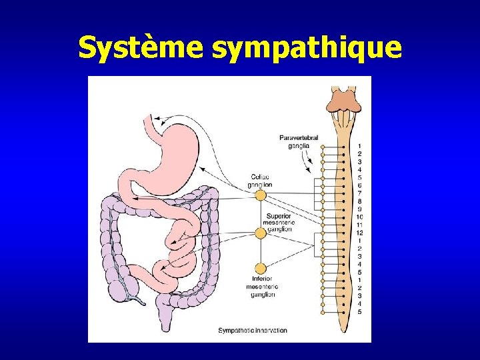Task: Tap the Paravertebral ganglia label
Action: pyautogui.click(x=299, y=142)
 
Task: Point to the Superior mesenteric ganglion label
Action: pyautogui.click(x=279, y=223)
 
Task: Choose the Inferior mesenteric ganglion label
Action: pyautogui.click(x=261, y=287)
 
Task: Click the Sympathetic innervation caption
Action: pyautogui.click(x=253, y=330)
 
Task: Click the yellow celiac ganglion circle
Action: pyautogui.click(x=261, y=195)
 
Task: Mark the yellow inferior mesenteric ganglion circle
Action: pyautogui.click(x=261, y=268)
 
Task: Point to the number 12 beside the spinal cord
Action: pyautogui.click(x=359, y=233)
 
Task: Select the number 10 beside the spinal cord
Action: pyautogui.click(x=359, y=217)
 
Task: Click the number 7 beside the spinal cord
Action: pyautogui.click(x=359, y=193)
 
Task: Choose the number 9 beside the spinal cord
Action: pyautogui.click(x=359, y=209)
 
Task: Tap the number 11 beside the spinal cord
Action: pyautogui.click(x=359, y=225)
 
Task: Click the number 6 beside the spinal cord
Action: pyautogui.click(x=359, y=185)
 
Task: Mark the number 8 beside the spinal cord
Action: pyautogui.click(x=359, y=201)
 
